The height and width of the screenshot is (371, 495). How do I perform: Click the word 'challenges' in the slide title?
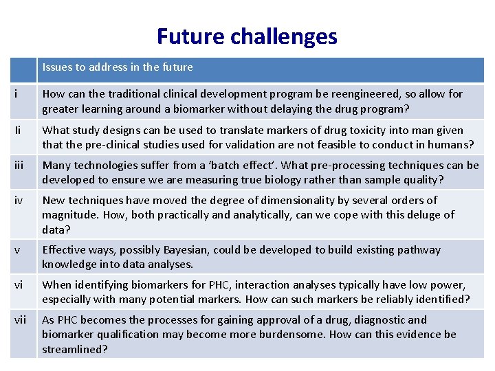[285, 36]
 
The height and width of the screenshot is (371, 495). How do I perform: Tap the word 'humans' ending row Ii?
[452, 144]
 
